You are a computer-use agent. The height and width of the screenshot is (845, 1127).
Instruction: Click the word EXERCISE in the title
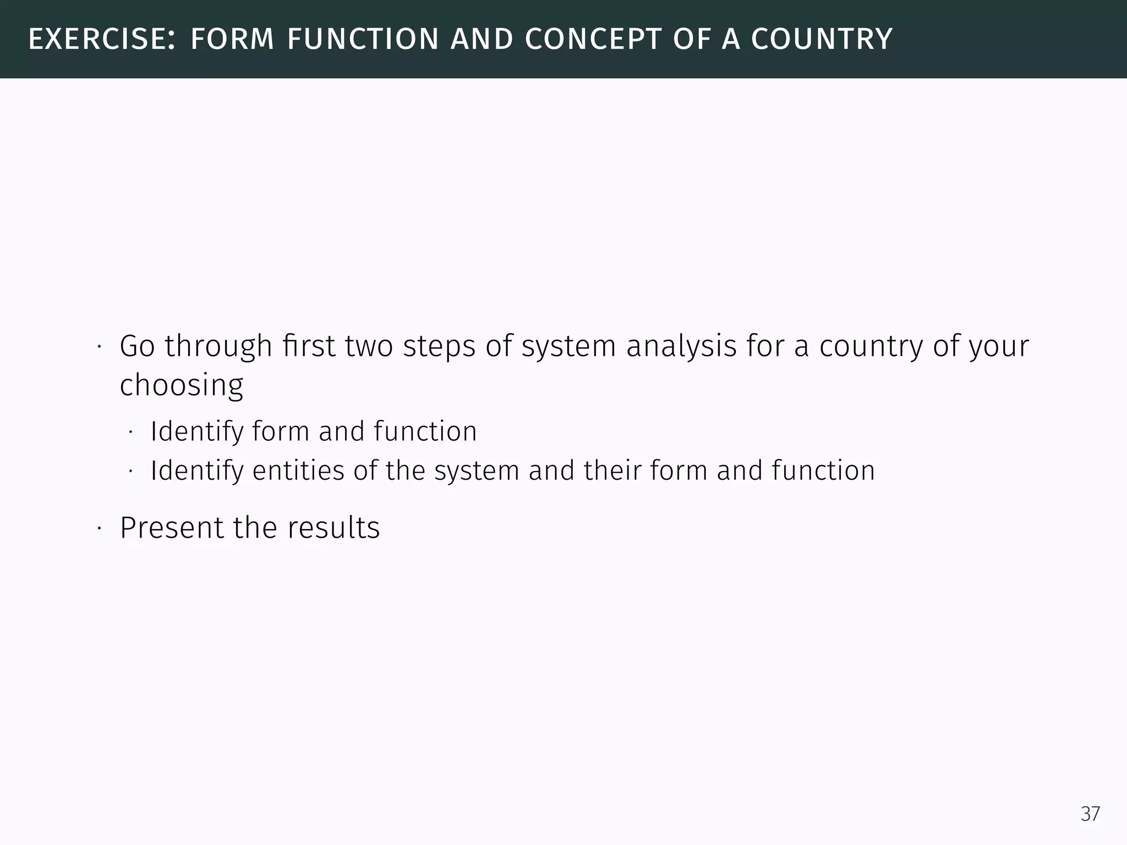point(101,40)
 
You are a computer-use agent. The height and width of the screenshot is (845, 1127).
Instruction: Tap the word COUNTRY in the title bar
point(822,40)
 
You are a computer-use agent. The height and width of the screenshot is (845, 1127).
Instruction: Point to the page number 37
point(1090,814)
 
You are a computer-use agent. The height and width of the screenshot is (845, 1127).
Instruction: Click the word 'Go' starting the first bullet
point(137,346)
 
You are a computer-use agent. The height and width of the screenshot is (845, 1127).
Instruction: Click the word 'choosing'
point(182,386)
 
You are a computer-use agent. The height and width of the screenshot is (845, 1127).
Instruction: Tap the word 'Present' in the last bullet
point(172,528)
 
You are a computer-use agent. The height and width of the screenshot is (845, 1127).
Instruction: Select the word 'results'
point(333,528)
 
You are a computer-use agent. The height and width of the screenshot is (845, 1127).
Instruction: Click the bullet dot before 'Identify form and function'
point(130,432)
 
